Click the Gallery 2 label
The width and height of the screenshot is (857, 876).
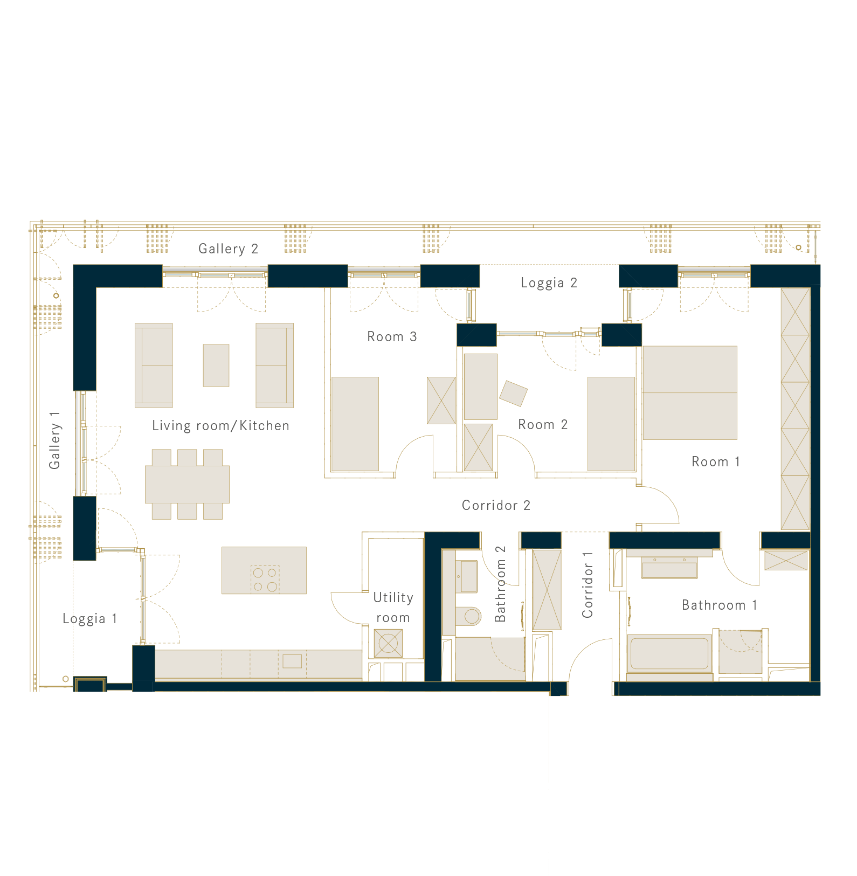[x=228, y=249]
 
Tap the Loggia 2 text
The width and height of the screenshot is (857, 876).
[x=549, y=282]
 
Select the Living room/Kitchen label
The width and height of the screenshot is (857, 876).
[x=220, y=425]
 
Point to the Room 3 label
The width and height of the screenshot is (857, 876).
[x=392, y=336]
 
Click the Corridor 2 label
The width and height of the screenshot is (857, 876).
[x=496, y=505]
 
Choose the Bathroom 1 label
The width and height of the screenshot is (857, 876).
[x=719, y=605]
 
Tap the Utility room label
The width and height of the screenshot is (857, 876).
[x=393, y=608]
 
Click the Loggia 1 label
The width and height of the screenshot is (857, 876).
[x=89, y=618]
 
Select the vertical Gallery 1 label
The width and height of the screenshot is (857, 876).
[x=54, y=440]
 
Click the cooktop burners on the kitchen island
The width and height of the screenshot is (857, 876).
[x=265, y=579]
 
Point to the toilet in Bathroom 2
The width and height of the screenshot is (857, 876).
[x=468, y=616]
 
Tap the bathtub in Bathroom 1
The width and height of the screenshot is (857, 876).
[x=669, y=654]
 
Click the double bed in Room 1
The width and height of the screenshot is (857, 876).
[x=689, y=392]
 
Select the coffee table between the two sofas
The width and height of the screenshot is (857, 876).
[x=216, y=365]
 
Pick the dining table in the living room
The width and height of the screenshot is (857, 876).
[x=187, y=484]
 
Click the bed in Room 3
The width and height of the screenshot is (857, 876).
[x=355, y=424]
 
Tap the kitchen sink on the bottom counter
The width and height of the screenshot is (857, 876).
[x=292, y=661]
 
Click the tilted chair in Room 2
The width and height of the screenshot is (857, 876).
[x=513, y=394]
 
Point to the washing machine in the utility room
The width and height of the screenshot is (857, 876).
[x=388, y=643]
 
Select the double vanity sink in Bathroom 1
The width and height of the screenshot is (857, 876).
[x=669, y=568]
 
